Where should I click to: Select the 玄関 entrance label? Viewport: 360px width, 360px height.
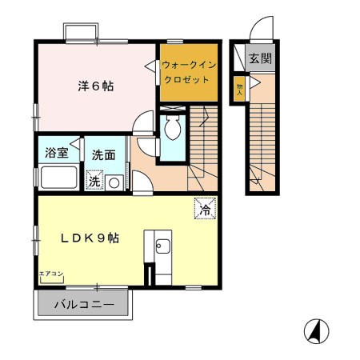pos(259,58)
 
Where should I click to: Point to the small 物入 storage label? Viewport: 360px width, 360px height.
pos(238,87)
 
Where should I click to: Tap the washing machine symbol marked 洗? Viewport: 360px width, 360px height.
pos(94,182)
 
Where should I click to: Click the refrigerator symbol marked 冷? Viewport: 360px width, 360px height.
pos(204,210)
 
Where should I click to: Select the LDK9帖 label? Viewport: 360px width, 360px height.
pos(91,238)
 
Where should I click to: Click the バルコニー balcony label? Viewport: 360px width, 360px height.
pos(85,304)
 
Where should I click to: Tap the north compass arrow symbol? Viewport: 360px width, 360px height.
pos(317,330)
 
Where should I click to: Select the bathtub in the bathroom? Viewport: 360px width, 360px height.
pos(58,178)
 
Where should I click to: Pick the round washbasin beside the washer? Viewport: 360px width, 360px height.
pos(114,182)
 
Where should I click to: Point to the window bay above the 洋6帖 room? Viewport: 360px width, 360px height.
pos(79,33)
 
